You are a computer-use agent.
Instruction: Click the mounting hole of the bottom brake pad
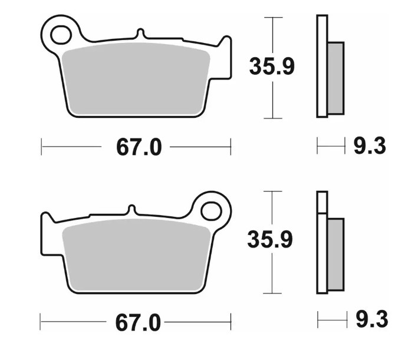[211, 210]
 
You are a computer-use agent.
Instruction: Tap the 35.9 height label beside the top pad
[272, 67]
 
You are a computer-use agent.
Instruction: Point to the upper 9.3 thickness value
[370, 146]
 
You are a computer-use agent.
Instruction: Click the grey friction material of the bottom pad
[136, 253]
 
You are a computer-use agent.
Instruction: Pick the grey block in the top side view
[335, 77]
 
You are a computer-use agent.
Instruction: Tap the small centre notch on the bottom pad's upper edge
[132, 209]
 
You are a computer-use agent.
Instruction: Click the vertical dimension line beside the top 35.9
[272, 100]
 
